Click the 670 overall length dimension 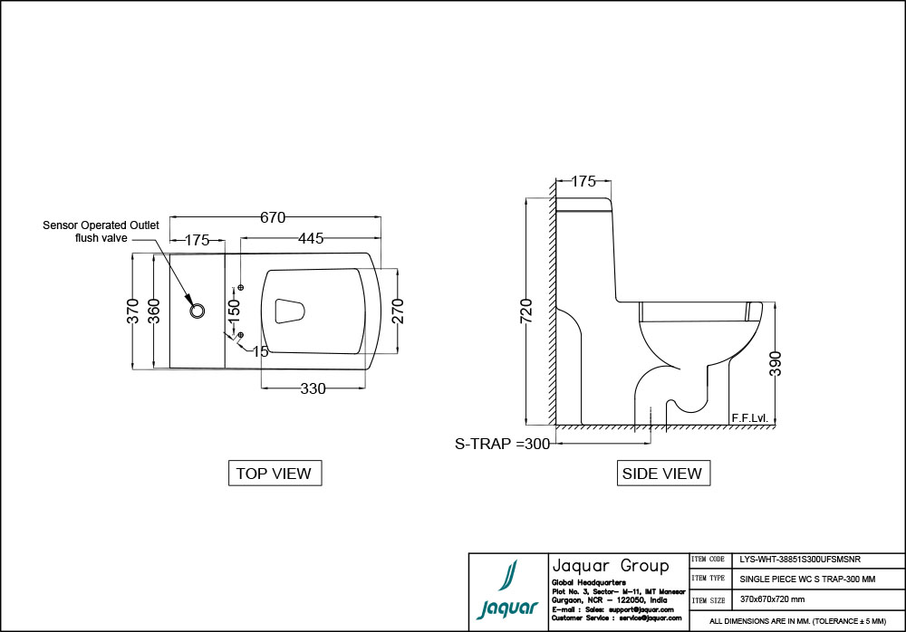(273, 217)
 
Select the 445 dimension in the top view (310, 239)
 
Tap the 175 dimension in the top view (197, 240)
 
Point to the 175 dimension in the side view (583, 181)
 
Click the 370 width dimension (133, 311)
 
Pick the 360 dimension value (155, 311)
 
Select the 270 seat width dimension (397, 311)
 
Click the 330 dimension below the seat (313, 388)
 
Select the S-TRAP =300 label (502, 444)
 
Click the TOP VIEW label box (274, 473)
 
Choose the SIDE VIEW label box (661, 473)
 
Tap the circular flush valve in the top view (198, 311)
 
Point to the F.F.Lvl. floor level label (749, 417)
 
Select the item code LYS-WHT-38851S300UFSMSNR (794, 560)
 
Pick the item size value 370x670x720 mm (773, 599)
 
